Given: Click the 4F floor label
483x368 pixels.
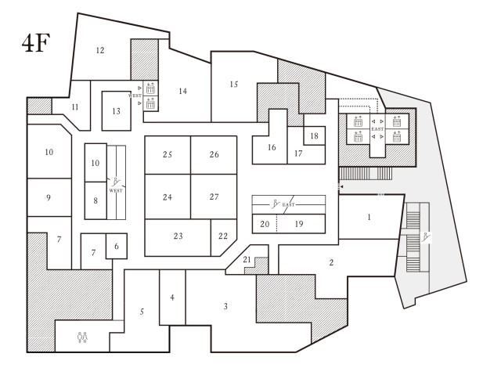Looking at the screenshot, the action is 36,43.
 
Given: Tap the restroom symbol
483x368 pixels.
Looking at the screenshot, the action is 82,337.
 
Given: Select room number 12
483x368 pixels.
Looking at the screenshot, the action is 100,50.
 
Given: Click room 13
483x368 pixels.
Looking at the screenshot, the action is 117,111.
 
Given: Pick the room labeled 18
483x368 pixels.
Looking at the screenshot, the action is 314,135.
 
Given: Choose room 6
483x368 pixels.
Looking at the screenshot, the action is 117,246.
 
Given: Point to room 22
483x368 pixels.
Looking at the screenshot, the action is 224,237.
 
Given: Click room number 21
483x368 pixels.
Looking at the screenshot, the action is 247,259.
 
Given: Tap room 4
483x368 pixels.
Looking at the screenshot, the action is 172,298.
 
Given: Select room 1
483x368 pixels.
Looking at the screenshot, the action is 369,217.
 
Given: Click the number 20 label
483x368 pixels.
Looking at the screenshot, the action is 265,224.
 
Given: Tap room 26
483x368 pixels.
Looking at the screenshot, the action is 214,155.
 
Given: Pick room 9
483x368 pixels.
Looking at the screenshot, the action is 49,197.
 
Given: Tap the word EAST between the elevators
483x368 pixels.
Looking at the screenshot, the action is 377,129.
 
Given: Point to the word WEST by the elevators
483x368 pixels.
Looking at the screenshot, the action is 135,96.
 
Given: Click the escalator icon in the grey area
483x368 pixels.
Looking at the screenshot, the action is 427,237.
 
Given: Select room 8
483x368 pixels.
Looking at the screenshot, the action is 96,200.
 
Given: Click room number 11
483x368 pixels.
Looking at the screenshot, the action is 75,107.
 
